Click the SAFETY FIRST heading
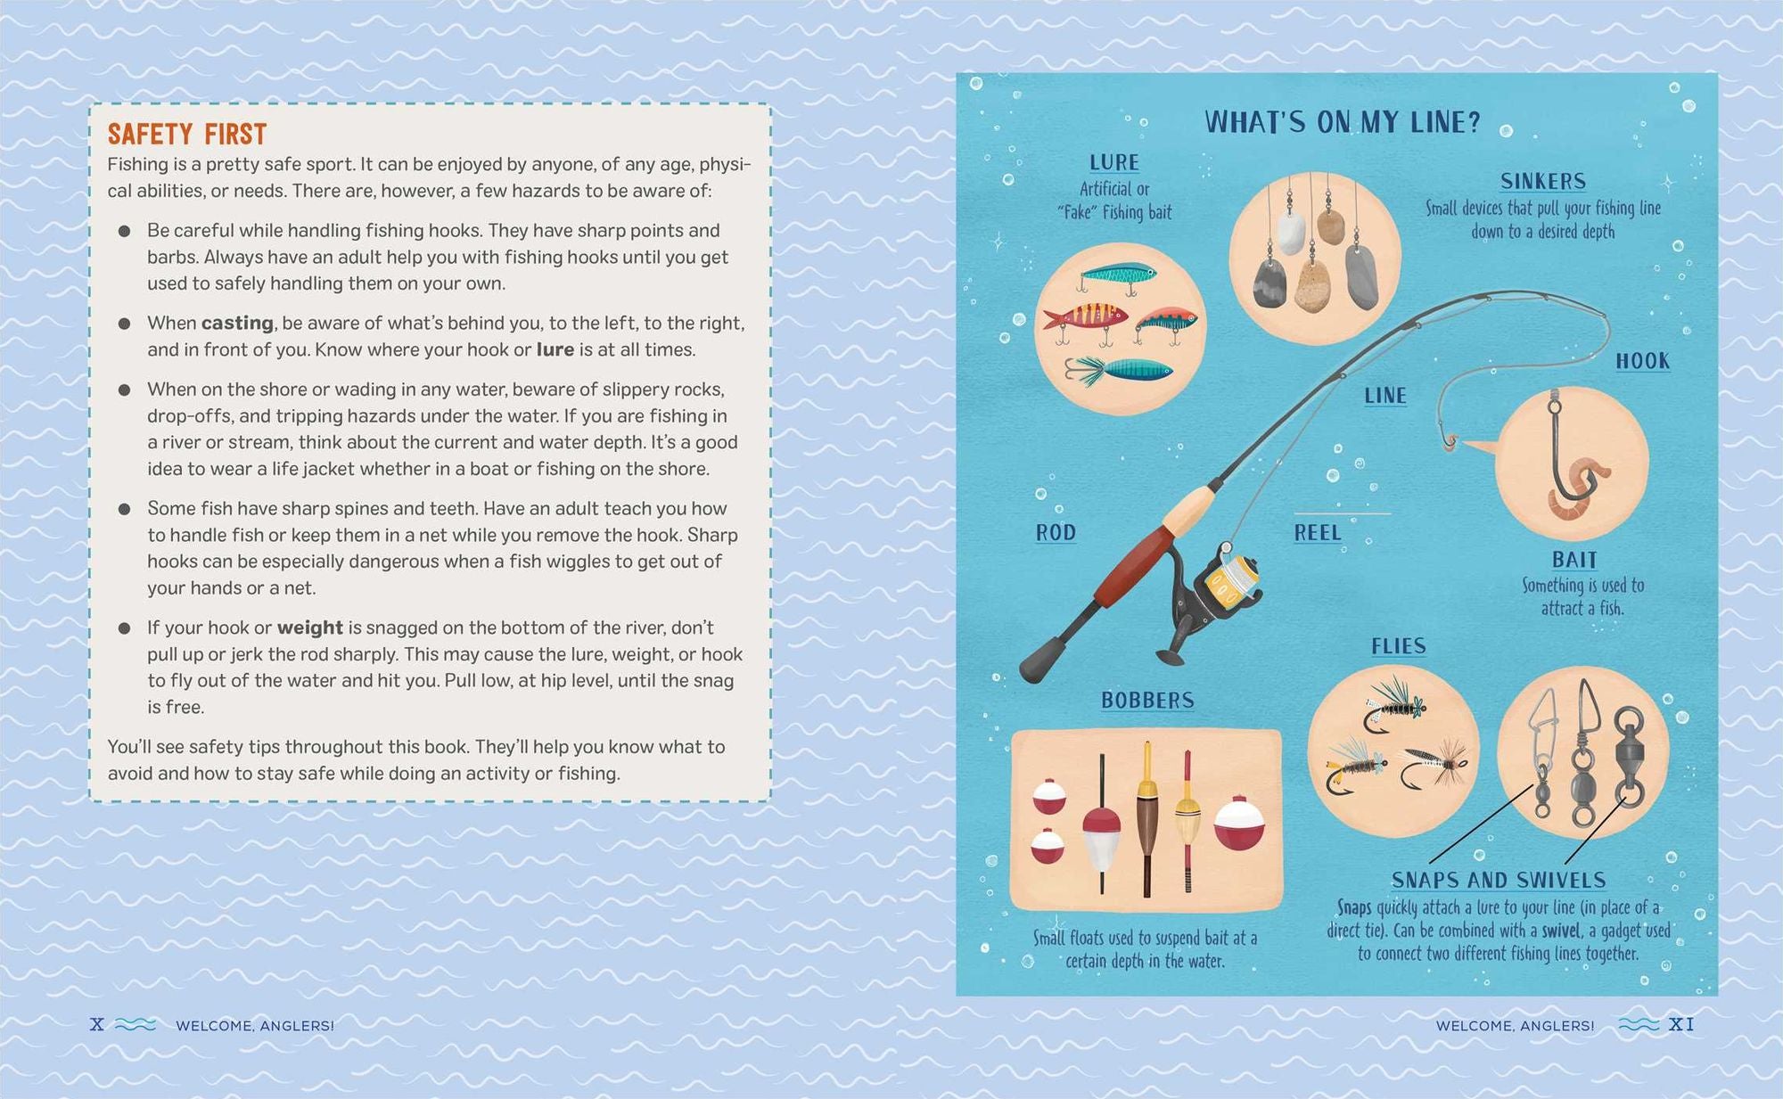pos(187,135)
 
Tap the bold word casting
pos(237,324)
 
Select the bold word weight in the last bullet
pos(310,628)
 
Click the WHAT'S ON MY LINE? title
pos(1343,122)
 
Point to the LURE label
pos(1114,162)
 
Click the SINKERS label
pos(1543,182)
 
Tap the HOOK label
pos(1643,361)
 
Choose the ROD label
pos(1056,533)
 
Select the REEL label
pos(1318,533)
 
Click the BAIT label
pos(1574,560)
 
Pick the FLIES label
pos(1399,646)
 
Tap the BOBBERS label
pos(1147,701)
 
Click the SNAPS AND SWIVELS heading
pos(1499,881)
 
